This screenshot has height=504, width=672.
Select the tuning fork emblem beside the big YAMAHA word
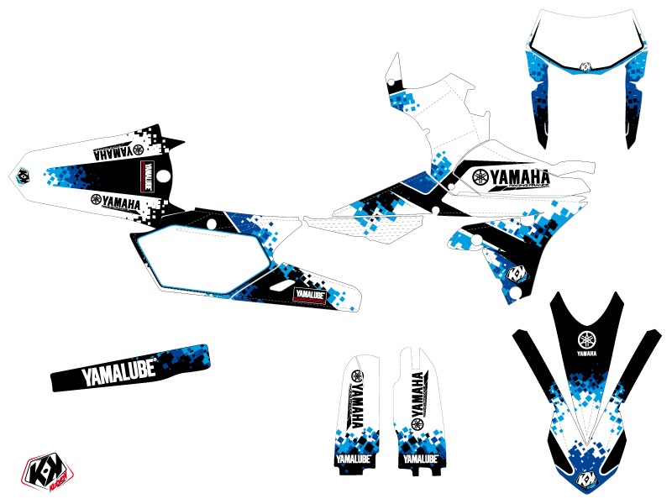(x=480, y=177)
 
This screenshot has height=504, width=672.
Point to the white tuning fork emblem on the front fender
(x=585, y=340)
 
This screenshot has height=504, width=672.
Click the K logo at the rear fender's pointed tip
(x=22, y=176)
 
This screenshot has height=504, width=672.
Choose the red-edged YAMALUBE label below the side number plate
(x=307, y=296)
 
